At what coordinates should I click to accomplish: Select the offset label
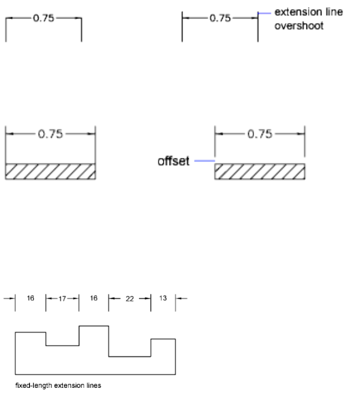pos(173,162)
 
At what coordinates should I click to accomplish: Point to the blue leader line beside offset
pos(204,162)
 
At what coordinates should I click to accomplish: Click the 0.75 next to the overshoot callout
pos(220,18)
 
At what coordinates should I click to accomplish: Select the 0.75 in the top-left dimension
pos(44,18)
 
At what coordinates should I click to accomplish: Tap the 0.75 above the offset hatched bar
pos(261,134)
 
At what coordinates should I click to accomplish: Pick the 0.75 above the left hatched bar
pos(51,134)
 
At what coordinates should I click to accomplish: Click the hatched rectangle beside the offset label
pos(260,171)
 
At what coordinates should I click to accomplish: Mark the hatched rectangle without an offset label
pos(50,171)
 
